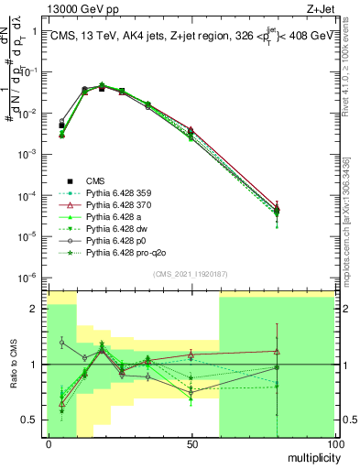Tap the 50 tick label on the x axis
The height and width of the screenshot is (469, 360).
(191, 442)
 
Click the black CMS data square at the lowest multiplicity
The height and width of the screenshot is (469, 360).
(61, 125)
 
